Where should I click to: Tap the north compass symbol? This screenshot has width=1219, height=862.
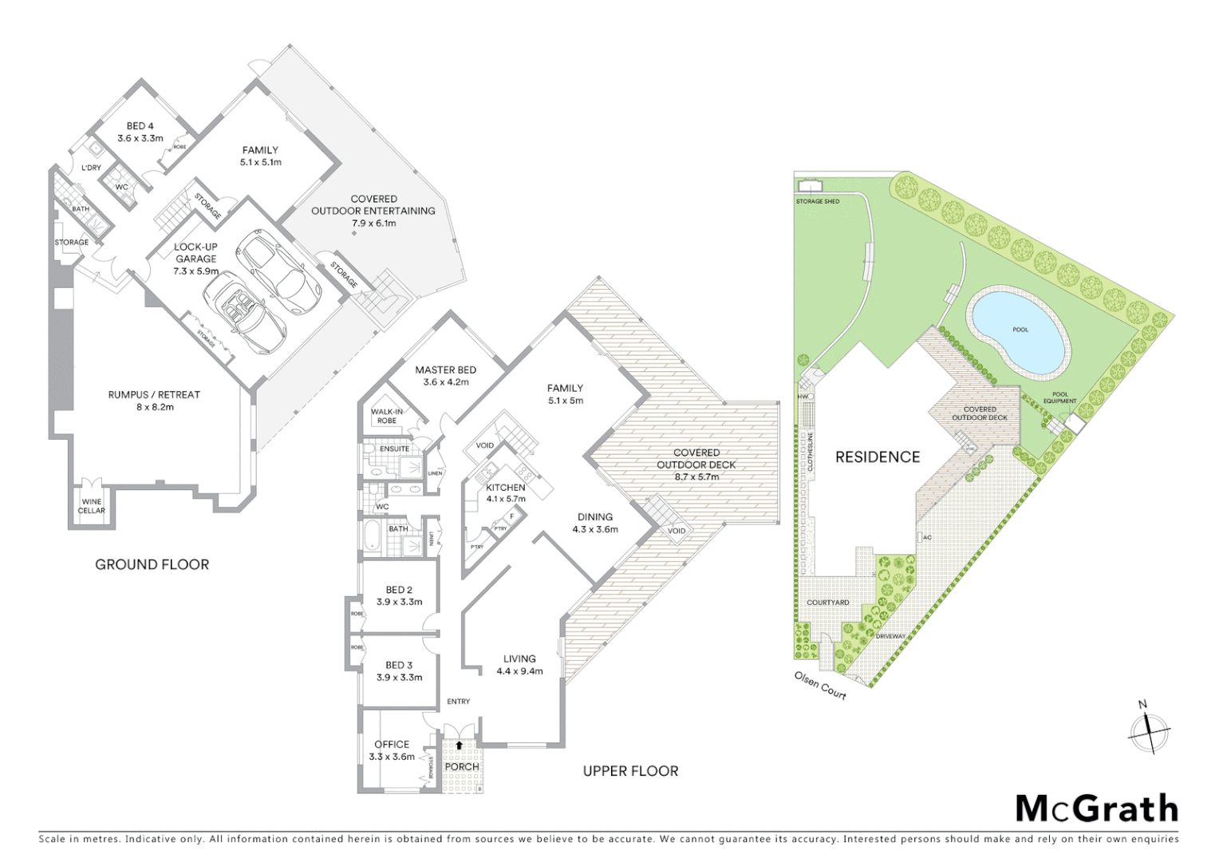tap(1148, 730)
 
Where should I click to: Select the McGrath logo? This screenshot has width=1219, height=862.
tap(1096, 809)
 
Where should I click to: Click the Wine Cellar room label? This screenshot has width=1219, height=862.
tap(91, 506)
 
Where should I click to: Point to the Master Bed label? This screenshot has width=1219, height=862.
tap(445, 370)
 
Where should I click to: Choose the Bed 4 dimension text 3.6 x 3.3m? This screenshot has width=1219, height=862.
tap(140, 138)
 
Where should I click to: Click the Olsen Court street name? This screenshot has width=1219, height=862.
tap(820, 686)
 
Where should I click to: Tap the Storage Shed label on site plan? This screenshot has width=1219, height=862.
tap(817, 201)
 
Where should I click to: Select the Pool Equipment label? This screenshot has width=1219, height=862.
tap(1059, 397)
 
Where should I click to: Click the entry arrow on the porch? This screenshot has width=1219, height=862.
tap(460, 745)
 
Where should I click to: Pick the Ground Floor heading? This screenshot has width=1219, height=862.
tap(152, 564)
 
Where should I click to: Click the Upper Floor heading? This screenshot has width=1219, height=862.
tap(630, 771)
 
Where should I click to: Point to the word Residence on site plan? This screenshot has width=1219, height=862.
tap(877, 457)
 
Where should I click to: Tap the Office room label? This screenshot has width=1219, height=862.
tap(392, 744)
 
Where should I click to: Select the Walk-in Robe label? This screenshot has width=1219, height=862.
tap(387, 416)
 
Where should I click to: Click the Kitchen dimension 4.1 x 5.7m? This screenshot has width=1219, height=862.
tap(506, 499)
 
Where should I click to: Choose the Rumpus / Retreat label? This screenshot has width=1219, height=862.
tap(154, 394)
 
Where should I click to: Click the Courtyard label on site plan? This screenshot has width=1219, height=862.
tap(827, 603)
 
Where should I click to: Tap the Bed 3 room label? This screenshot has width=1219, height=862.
tap(399, 665)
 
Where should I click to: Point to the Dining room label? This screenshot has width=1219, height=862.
tap(594, 516)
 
